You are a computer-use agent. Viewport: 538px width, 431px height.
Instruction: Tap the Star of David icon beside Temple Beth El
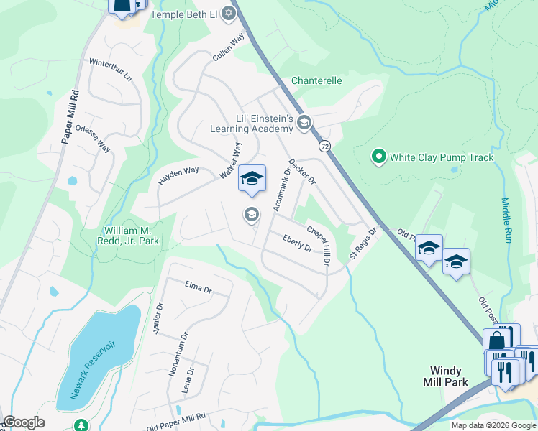pyautogui.click(x=229, y=13)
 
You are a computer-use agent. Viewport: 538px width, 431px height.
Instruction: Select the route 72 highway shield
pyautogui.click(x=325, y=146)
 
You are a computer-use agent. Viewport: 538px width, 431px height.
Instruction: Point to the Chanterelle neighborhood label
pyautogui.click(x=316, y=81)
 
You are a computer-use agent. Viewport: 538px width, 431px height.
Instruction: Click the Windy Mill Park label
pyautogui.click(x=444, y=376)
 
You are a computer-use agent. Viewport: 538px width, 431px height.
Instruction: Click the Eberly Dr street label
pyautogui.click(x=297, y=244)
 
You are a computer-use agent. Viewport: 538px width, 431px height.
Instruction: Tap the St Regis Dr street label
pyautogui.click(x=363, y=245)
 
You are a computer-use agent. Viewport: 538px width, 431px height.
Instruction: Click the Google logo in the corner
pyautogui.click(x=24, y=422)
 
